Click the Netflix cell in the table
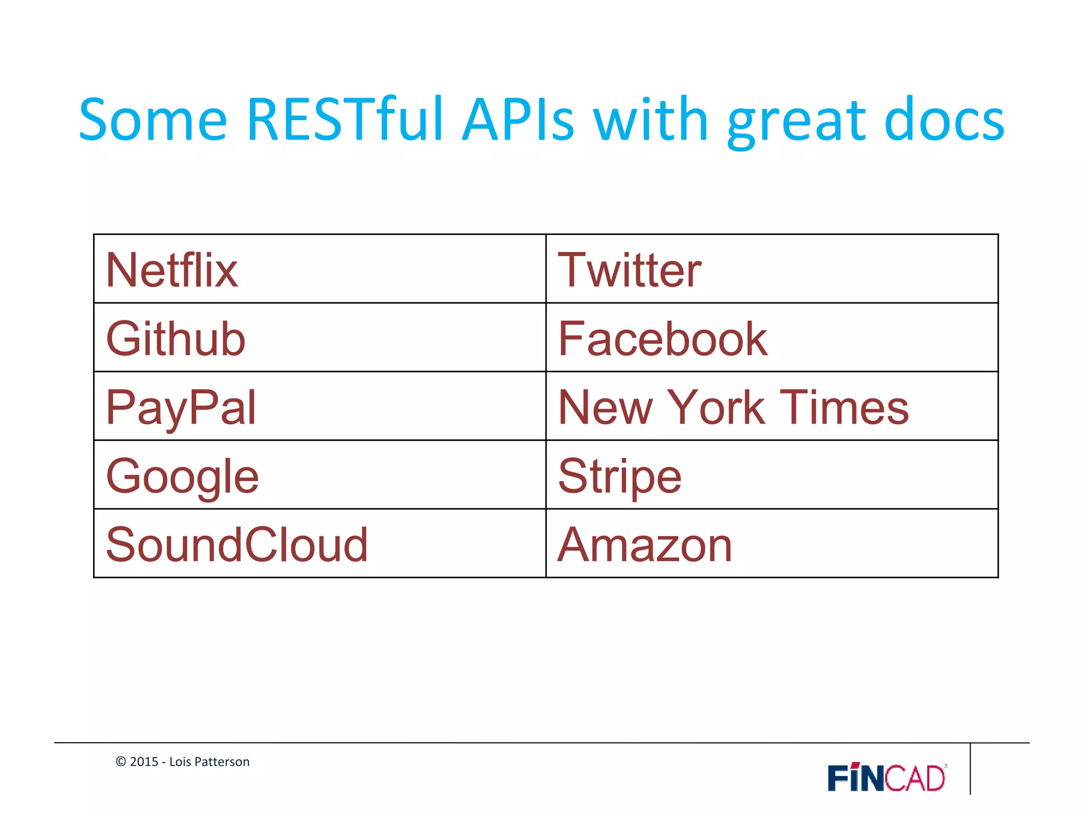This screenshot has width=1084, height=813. click(172, 270)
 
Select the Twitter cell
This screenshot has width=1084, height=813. click(630, 270)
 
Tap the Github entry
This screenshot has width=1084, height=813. click(176, 339)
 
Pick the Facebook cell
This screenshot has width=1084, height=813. click(663, 339)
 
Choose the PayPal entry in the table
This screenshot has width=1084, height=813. click(181, 408)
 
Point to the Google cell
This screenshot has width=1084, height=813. click(183, 476)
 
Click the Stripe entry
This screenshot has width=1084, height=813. click(620, 476)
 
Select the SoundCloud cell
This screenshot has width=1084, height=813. click(237, 545)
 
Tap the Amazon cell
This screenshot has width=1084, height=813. click(645, 545)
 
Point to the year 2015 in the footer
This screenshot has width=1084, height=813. click(144, 762)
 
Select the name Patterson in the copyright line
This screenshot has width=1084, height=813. click(222, 762)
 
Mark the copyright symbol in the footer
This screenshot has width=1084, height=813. click(121, 762)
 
